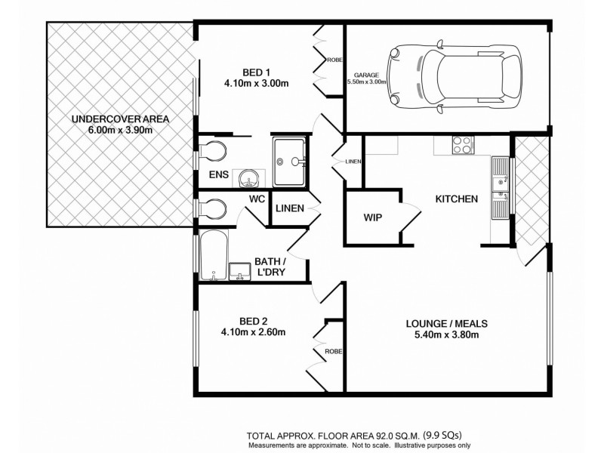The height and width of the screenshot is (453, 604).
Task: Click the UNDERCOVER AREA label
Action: coord(120,119)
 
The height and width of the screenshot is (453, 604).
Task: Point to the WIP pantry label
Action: coord(373,217)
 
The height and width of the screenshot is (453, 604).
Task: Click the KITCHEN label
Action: coord(456,199)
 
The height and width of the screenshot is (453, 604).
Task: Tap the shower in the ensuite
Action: coord(289,160)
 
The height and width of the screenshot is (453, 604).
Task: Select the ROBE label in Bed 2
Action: coord(333,352)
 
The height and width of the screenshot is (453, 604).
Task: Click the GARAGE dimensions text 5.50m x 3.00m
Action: coord(367,82)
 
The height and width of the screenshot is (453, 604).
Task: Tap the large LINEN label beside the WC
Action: coord(290,208)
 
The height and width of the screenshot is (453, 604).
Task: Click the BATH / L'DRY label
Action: coord(269,267)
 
